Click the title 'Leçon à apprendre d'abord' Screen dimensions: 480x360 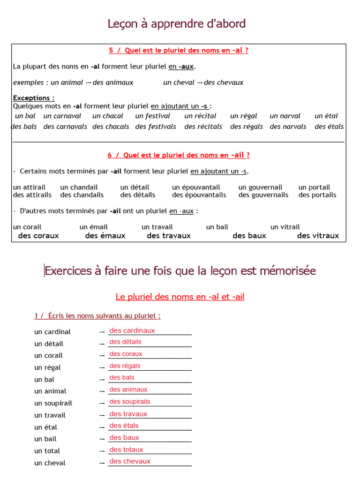pos(177,24)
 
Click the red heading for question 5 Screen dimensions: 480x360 pos(179,51)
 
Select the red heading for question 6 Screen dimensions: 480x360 pos(179,155)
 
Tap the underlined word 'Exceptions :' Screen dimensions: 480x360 pos(34,98)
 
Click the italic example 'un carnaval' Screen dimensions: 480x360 pos(62,116)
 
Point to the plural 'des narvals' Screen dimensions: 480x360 pos(288,127)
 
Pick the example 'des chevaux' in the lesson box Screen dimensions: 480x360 pos(224,82)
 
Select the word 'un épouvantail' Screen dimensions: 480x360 pos(196,187)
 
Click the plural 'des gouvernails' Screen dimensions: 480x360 pos(263,195)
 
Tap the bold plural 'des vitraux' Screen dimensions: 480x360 pos(318,236)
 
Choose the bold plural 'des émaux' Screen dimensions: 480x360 pos(105,236)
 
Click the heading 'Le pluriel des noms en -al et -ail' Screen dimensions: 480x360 pos(180,297)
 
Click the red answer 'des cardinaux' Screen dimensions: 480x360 pos(132,330)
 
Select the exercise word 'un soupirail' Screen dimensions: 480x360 pos(53,403)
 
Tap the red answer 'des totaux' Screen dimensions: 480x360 pos(126,450)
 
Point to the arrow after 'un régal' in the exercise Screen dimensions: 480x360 pos(102,367)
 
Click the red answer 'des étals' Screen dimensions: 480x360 pos(124,426)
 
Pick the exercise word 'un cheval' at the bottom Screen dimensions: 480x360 pos(50,463)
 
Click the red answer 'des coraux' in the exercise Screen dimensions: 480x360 pos(126,354)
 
